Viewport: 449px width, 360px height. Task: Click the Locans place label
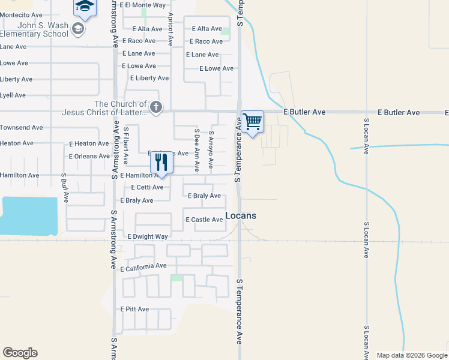(241, 215)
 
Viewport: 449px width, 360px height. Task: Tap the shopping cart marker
(252, 122)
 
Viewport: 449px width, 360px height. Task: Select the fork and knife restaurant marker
(161, 162)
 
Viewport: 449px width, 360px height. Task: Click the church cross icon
(156, 108)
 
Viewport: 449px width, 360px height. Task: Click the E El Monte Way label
(142, 5)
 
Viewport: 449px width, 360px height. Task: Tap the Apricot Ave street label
(170, 29)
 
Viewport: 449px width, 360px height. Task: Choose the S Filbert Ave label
(126, 145)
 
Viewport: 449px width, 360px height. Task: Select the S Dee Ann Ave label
(196, 146)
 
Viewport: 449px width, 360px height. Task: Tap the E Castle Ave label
(204, 220)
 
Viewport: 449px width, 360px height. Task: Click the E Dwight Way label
(148, 236)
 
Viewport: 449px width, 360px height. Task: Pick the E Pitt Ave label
(134, 309)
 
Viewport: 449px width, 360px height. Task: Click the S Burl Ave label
(64, 188)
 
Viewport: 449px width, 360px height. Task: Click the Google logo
(20, 353)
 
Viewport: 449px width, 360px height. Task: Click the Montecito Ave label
(22, 15)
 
